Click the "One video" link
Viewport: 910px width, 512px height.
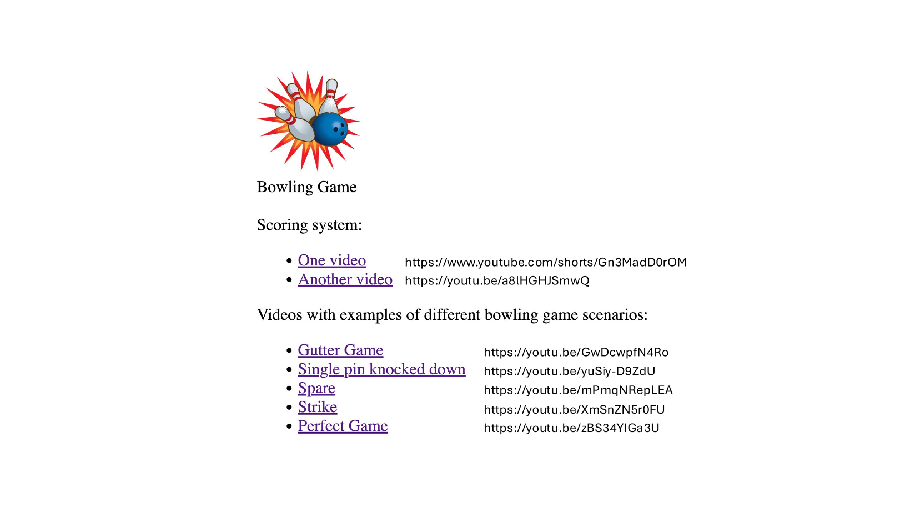coord(331,260)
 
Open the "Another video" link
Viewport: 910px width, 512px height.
coord(345,279)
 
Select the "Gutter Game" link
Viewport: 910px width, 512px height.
coord(340,350)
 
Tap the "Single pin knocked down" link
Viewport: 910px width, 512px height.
coord(381,369)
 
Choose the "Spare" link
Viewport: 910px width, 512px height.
coord(316,388)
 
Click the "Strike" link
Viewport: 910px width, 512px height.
coord(317,407)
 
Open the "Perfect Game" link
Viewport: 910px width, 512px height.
coord(343,426)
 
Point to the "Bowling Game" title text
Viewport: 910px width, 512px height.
coord(306,187)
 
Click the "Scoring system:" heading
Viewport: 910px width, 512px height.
coord(309,225)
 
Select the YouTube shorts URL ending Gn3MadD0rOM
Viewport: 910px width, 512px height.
coord(546,262)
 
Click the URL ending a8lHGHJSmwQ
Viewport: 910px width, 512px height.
coord(497,280)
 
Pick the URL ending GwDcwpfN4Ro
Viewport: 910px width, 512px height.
coord(576,352)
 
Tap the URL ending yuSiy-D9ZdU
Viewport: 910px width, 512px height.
coord(569,371)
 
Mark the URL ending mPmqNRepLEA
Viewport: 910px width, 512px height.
coord(578,390)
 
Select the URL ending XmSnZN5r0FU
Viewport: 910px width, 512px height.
coord(574,409)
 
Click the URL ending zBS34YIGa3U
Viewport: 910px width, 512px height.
coord(571,428)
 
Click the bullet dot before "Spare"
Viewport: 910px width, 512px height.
coord(289,388)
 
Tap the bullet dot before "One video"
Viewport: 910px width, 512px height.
coord(289,260)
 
